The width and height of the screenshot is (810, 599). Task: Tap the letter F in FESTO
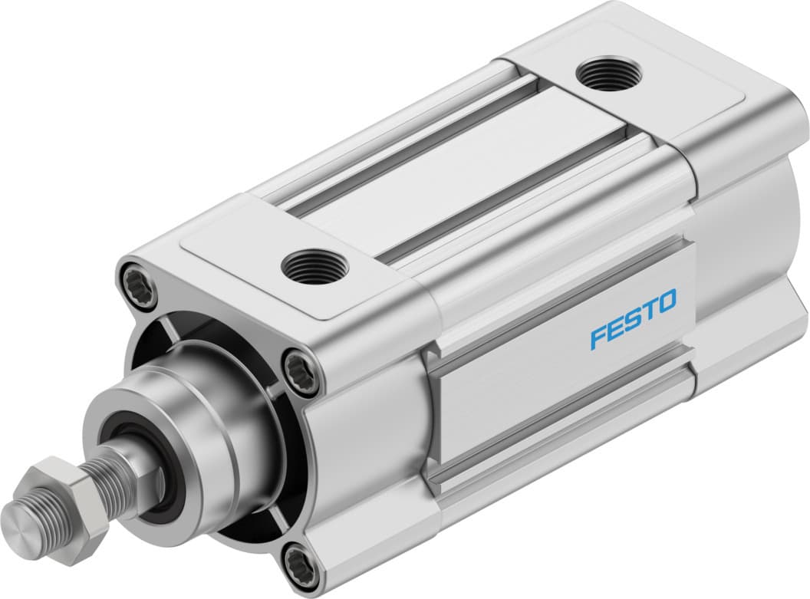click(599, 337)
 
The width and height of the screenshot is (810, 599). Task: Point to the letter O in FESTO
click(665, 301)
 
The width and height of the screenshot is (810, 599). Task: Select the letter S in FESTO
click(632, 319)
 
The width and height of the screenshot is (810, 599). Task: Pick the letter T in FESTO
click(648, 310)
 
